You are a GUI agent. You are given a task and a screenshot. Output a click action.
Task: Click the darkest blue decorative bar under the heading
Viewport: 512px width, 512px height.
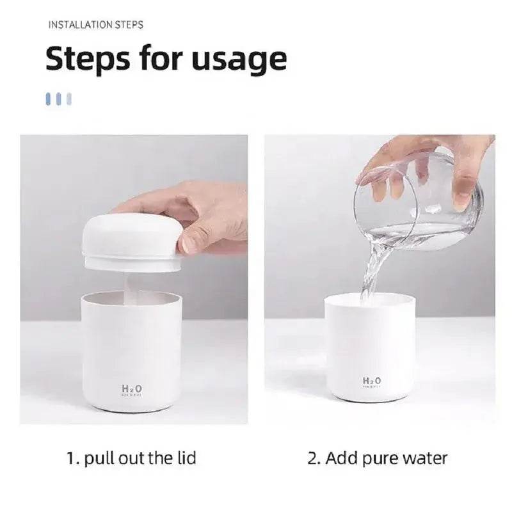coord(49,99)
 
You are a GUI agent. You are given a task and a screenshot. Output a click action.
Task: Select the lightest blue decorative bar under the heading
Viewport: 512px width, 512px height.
coord(69,99)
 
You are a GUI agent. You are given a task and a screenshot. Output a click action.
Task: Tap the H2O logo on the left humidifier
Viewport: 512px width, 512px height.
coord(131,388)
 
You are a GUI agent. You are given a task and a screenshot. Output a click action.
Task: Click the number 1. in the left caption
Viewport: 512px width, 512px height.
coord(73,458)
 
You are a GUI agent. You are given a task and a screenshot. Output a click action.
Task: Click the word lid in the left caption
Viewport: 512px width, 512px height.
coord(184,458)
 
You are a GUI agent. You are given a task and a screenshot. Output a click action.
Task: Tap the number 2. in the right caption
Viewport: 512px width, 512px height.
coord(314,458)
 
